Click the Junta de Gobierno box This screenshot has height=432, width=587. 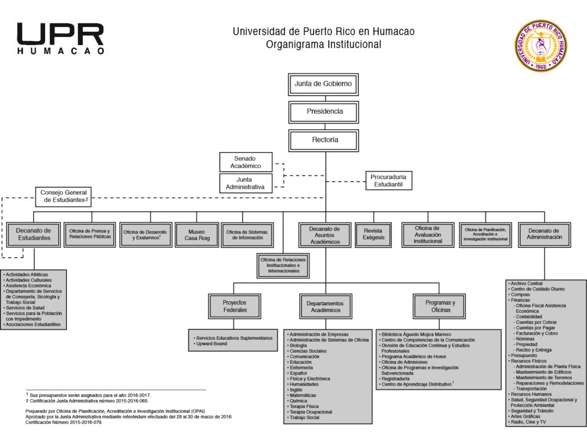pos(323,84)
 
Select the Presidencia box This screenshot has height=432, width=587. pos(323,112)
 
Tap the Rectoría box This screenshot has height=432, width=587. pos(323,140)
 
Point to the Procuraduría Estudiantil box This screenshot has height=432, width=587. pos(389,180)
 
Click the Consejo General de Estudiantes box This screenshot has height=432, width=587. pos(64,196)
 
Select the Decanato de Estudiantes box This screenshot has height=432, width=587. pos(33,234)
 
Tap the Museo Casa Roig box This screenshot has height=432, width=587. pos(197,235)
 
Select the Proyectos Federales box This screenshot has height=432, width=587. pos(235,306)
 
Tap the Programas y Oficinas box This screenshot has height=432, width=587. pos(440,306)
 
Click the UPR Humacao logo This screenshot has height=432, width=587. pos(60,39)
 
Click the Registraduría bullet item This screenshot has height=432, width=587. pos(398,379)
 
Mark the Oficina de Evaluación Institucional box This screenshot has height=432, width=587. pos(427,234)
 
